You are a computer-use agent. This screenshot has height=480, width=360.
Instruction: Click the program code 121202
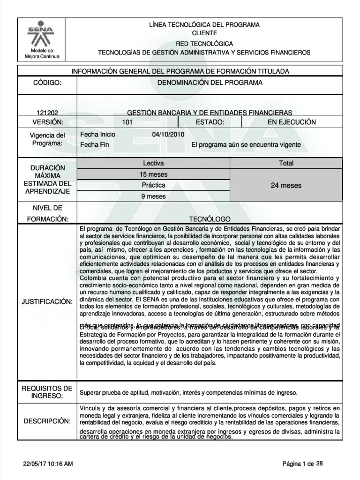[x=46, y=112]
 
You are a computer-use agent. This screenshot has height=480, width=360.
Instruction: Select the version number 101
[x=127, y=122]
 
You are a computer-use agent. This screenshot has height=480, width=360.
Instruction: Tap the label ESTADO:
[x=210, y=122]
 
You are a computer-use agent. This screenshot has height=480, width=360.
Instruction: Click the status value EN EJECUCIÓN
[x=292, y=122]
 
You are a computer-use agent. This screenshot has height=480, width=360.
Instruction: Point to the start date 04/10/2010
[x=168, y=134]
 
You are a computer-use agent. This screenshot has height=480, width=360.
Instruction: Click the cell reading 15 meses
[x=153, y=174]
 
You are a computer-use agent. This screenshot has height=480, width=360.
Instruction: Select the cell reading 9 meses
[x=153, y=196]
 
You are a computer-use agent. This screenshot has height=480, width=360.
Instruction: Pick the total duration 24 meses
[x=286, y=186]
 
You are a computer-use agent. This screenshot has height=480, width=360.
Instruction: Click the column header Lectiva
[x=153, y=163]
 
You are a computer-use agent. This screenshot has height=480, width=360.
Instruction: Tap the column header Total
[x=286, y=163]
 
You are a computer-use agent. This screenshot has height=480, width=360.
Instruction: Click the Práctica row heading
[x=153, y=185]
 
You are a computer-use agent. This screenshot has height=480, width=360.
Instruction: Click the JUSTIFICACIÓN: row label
[x=47, y=300]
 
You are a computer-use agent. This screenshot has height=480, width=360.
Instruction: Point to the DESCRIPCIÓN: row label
[x=47, y=421]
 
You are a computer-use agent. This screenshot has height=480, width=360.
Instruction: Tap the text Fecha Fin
[x=95, y=145]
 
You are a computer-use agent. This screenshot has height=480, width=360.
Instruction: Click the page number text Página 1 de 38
[x=303, y=464]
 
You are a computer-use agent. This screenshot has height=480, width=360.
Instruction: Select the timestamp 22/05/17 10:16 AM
[x=48, y=464]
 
